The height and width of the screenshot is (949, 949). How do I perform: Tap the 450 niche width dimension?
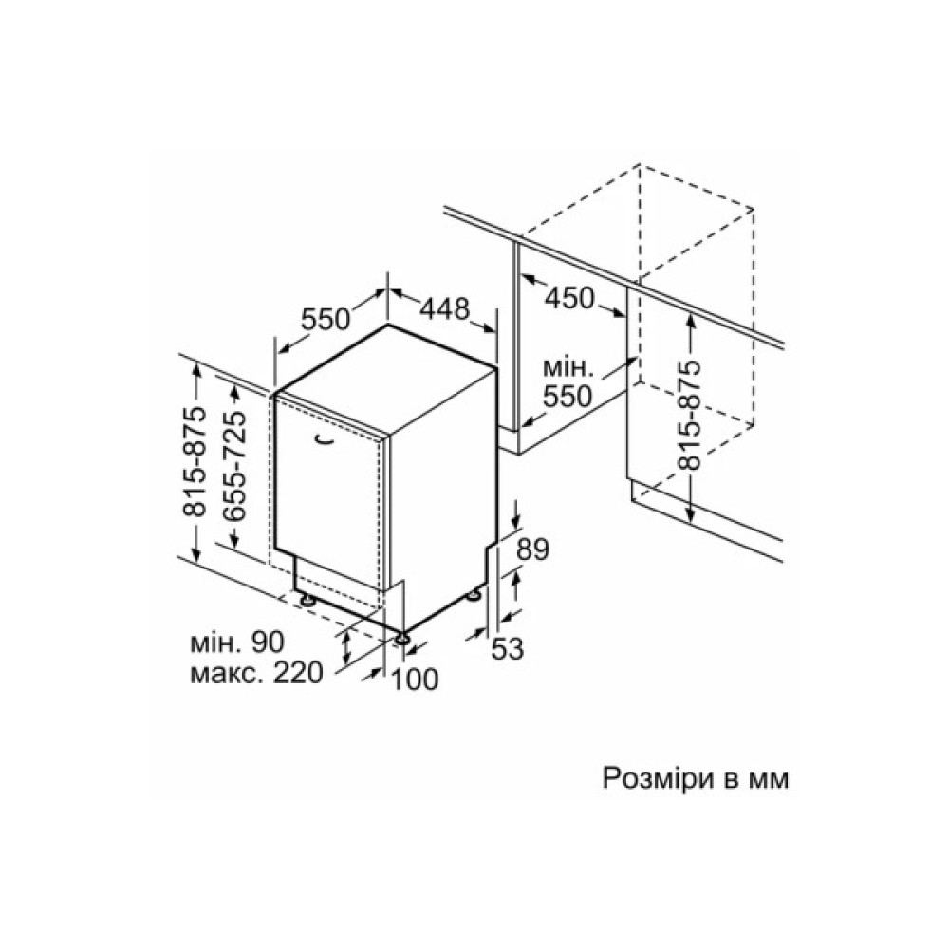click(x=569, y=298)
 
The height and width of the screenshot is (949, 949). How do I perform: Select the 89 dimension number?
click(x=532, y=549)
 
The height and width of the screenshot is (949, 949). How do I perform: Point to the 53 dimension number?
click(x=507, y=649)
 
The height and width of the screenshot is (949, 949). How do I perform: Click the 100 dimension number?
click(x=415, y=679)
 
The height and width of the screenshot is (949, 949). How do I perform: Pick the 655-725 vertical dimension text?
click(x=234, y=465)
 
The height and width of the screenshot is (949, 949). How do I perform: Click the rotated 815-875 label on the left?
click(x=195, y=462)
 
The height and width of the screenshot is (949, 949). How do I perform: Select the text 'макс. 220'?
click(x=256, y=673)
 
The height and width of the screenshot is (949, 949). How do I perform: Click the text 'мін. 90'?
click(x=236, y=642)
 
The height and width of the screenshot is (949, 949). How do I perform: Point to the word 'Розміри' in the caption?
click(x=659, y=779)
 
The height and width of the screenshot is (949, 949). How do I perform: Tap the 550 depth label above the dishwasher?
click(x=326, y=319)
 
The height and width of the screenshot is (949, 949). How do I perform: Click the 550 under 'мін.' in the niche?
click(x=568, y=397)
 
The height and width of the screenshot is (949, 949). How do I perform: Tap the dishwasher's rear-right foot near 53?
click(x=473, y=596)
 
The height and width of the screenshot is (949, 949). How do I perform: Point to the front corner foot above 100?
click(x=401, y=638)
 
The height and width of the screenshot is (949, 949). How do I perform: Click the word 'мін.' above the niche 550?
click(x=568, y=368)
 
